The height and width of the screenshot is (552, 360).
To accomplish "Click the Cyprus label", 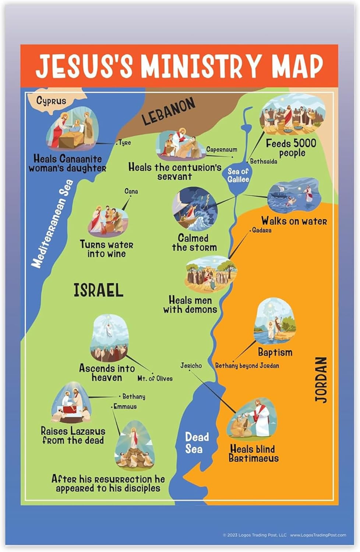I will [x=51, y=100].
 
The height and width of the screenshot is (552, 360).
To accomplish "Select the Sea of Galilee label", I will [x=238, y=176].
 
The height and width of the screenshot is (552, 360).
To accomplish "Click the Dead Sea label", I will [x=196, y=443].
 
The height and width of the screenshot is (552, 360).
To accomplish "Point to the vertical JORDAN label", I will [x=321, y=379].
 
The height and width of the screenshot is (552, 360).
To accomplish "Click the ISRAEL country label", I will [x=98, y=290].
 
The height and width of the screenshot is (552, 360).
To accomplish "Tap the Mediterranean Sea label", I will [x=53, y=224].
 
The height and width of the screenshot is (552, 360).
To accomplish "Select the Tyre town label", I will [x=125, y=143].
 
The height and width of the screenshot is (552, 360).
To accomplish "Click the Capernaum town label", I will [x=222, y=149].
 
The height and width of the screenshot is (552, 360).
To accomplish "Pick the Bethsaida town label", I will [x=264, y=161].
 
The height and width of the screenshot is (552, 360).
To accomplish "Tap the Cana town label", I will [x=131, y=191].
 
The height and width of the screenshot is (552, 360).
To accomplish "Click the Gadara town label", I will [x=262, y=230].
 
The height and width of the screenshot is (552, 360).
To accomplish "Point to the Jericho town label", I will [x=191, y=365].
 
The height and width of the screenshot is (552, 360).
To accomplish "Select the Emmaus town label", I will [x=125, y=406].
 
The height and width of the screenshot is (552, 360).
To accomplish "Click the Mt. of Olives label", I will [x=155, y=378].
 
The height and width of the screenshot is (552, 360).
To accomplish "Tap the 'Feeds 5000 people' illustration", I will [x=292, y=114].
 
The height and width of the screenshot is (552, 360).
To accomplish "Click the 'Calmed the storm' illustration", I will [x=194, y=209].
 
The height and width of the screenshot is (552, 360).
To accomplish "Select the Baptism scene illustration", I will [x=274, y=321].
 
